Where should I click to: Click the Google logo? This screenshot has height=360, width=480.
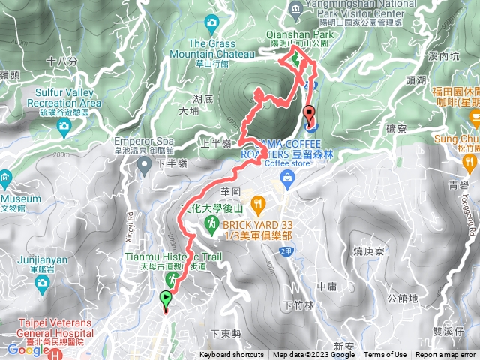(23, 349)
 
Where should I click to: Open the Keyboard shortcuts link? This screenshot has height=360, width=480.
(232, 355)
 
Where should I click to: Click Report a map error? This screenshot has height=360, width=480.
(446, 355)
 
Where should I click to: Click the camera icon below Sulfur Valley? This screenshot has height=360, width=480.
(64, 126)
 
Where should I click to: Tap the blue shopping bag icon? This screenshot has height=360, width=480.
(286, 177)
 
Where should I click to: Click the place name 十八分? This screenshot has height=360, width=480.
(61, 61)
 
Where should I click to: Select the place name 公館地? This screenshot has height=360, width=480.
(403, 298)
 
